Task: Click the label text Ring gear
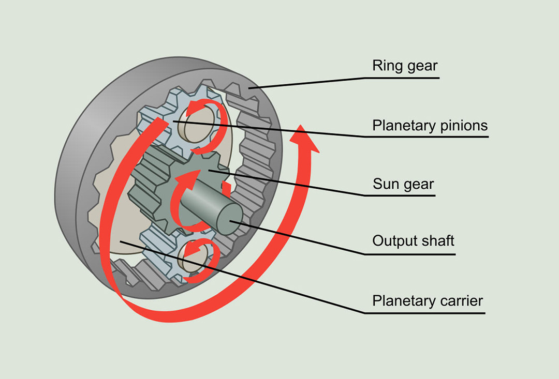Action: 405,66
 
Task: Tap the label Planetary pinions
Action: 430,126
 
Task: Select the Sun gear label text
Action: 403,184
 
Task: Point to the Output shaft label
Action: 413,241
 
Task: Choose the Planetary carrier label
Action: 428,300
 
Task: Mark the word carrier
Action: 460,300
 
